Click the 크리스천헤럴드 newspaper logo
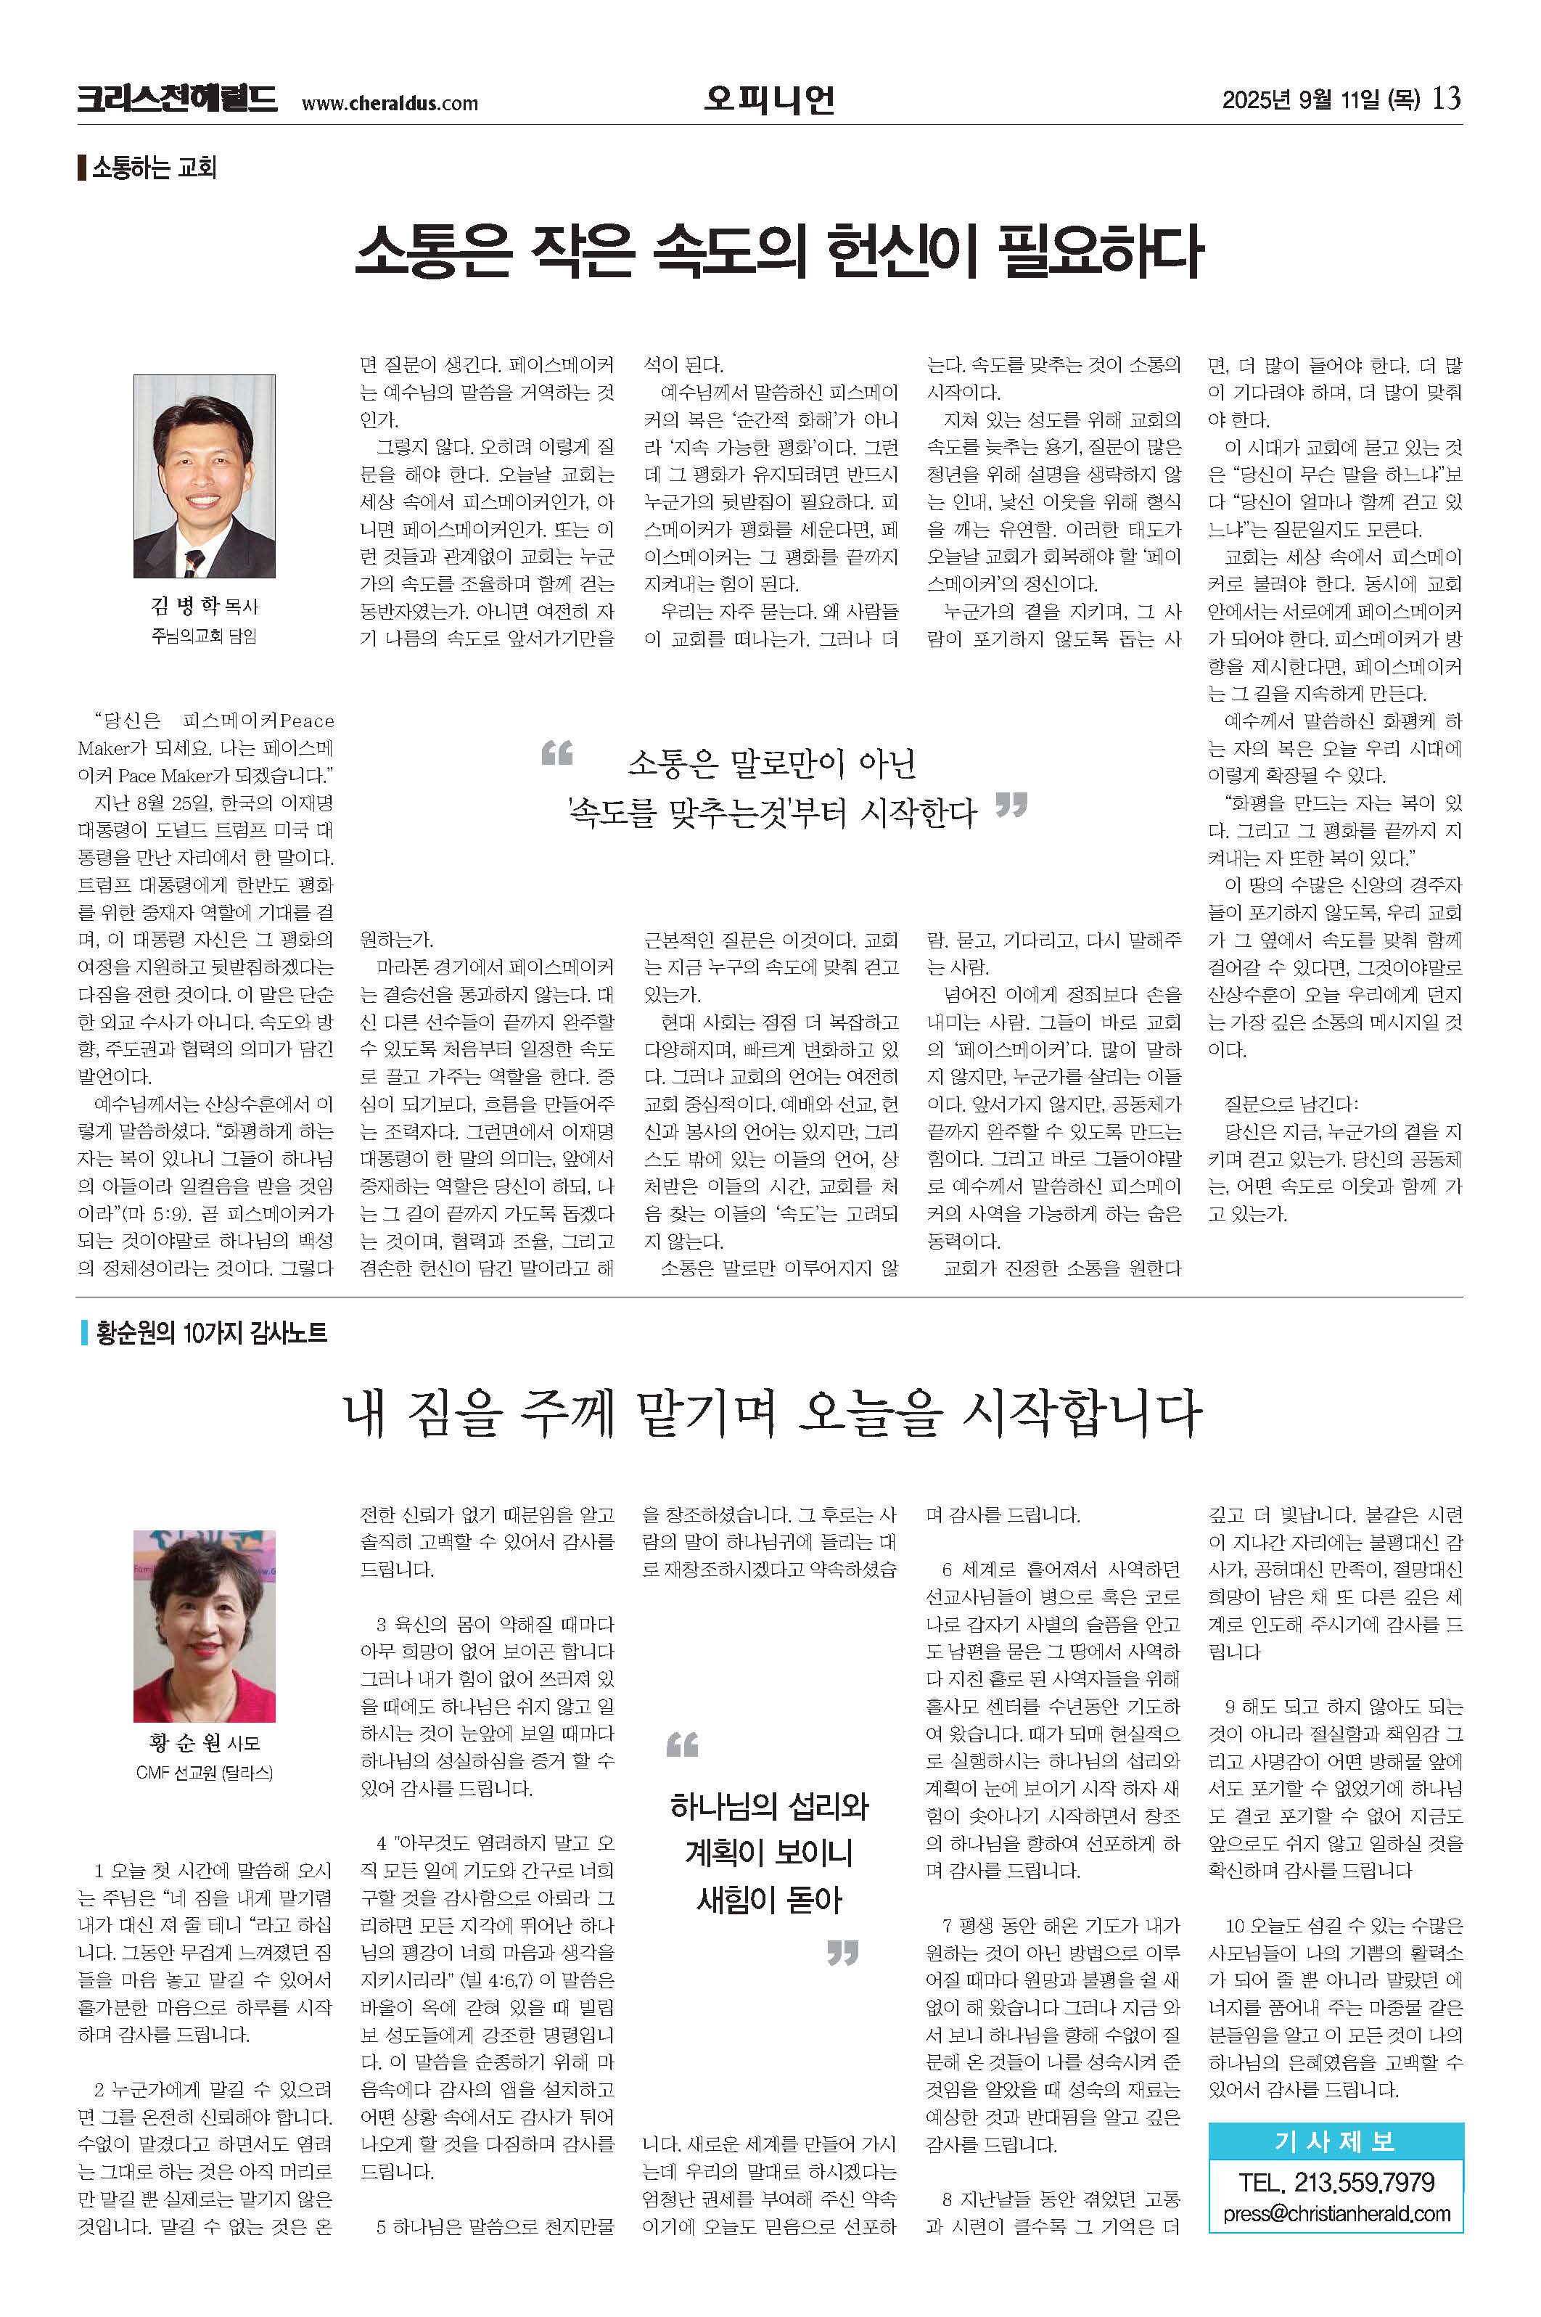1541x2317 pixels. tap(177, 100)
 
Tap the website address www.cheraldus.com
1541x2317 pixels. tap(390, 103)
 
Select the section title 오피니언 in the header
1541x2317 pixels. tap(770, 99)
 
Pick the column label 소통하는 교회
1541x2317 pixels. tap(153, 167)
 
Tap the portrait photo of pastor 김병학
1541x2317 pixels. tap(205, 476)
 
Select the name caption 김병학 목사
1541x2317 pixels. tap(205, 605)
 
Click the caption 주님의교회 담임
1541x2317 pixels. tap(205, 636)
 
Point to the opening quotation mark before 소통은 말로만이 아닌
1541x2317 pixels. tap(557, 754)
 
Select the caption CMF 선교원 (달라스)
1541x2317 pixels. tap(205, 1773)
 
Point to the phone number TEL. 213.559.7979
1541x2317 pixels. tap(1336, 2182)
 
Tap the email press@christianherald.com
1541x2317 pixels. tap(1336, 2214)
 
